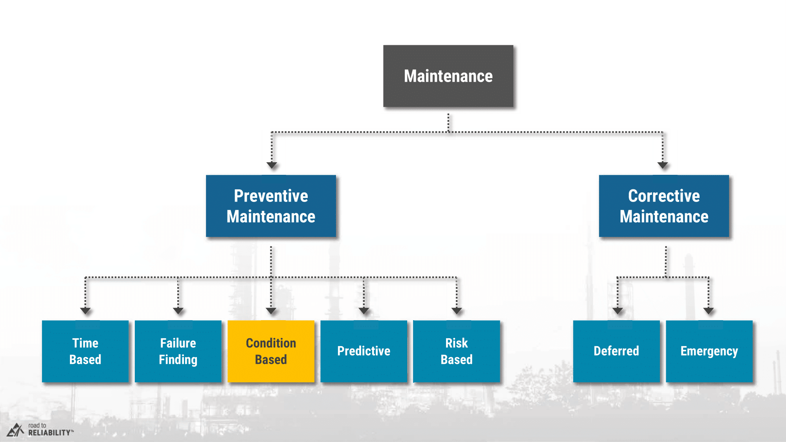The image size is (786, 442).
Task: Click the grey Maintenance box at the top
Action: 448,76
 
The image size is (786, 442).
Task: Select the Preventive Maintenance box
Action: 271,206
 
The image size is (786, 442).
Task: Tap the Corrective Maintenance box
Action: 664,206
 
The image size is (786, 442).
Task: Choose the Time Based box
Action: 85,351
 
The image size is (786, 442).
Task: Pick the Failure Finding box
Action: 178,351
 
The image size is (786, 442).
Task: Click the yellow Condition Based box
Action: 271,351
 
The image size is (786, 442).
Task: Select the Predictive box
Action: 364,351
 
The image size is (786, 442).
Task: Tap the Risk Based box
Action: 457,351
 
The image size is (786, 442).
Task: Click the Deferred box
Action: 616,351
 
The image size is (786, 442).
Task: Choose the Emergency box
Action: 709,351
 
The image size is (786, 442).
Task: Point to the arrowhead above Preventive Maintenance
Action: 272,165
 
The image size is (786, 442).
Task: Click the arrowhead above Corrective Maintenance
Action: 663,165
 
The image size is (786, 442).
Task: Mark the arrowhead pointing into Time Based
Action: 85,311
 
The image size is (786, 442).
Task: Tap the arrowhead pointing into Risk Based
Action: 457,311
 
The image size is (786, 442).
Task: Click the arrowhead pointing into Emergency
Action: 709,311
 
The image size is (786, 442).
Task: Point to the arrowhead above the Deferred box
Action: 617,311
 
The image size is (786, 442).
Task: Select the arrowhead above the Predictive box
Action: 364,311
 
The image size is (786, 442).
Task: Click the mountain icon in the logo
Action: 15,430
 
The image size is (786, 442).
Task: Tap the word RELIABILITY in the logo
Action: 50,433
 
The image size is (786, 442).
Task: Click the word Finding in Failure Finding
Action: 178,360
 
